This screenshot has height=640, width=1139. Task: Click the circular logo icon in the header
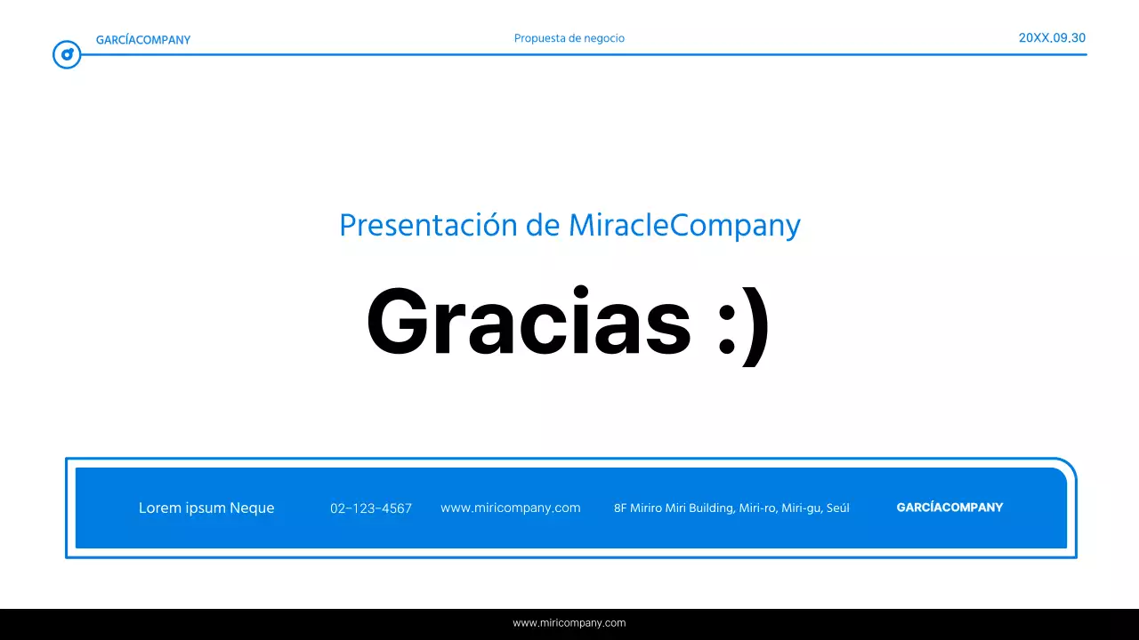coord(67,55)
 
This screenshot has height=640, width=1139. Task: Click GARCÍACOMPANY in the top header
coord(143,40)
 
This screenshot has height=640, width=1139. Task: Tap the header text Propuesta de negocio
coord(569,38)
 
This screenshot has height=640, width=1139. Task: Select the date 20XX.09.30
coord(1052,38)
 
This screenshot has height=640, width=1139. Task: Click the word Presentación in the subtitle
coord(428,226)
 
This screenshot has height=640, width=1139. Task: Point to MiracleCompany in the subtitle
coord(684,226)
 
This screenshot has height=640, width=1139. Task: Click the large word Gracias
coord(529,322)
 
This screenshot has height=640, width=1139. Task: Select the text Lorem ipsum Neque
coord(206,508)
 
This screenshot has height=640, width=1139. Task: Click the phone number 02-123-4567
coord(371,508)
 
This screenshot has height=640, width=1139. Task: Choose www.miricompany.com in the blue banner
coord(511,508)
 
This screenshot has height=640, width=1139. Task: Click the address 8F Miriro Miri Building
coord(675,508)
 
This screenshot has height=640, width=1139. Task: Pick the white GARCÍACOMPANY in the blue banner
coord(949,508)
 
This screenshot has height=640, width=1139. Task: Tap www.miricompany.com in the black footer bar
coord(569,623)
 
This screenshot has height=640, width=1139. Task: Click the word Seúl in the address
coord(838,508)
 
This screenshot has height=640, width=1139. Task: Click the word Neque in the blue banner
coord(252,508)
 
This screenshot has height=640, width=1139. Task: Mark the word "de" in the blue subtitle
coord(543,226)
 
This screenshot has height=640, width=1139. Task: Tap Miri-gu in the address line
coord(802,508)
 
